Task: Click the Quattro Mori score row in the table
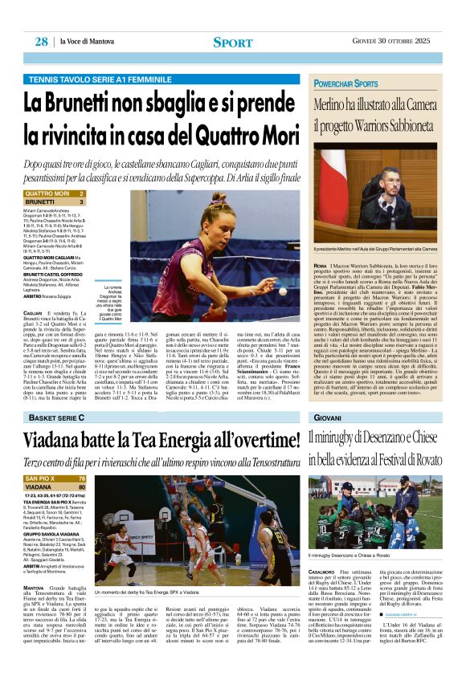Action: coord(55,194)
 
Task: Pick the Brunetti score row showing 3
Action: coord(55,202)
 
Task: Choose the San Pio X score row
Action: coord(55,478)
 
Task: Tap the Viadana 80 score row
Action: coord(55,487)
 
